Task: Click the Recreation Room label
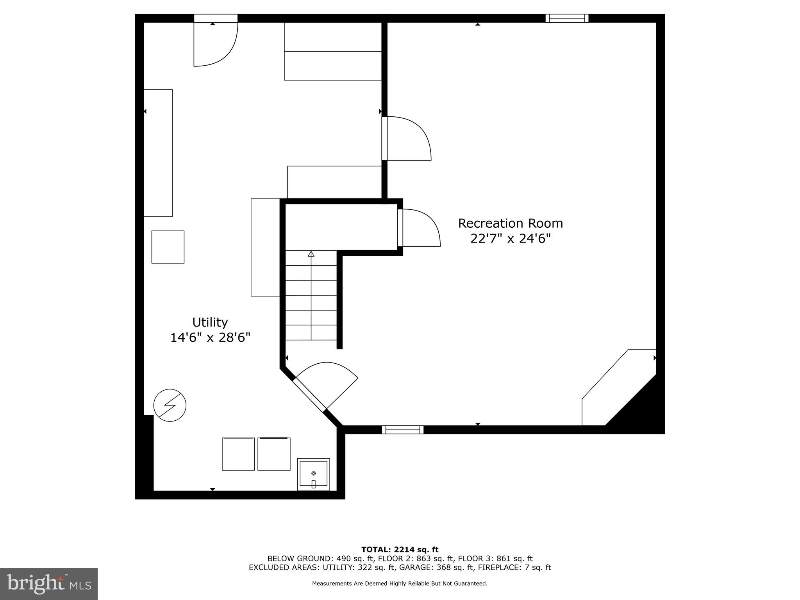point(510,223)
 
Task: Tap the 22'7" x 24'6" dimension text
point(510,238)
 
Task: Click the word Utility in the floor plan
point(210,322)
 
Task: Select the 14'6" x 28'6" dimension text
point(210,337)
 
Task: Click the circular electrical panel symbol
point(170,405)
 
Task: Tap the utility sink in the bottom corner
point(313,474)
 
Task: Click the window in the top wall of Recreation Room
point(567,18)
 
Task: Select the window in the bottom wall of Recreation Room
point(402,430)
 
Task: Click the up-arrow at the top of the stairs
point(311,254)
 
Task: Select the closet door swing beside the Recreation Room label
point(420,228)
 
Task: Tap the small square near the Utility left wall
point(168,247)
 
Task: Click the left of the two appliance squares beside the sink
point(238,454)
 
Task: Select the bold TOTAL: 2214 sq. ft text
point(400,550)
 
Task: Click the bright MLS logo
point(48,584)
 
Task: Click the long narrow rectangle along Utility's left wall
point(158,153)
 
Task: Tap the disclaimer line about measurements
point(400,584)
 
